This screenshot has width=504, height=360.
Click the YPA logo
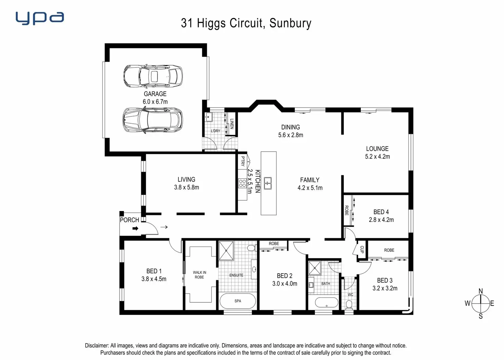[40, 18]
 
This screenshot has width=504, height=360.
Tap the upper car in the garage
[153, 76]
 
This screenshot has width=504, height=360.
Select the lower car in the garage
[153, 120]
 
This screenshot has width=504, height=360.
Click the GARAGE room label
[155, 94]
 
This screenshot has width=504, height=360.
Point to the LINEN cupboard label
[232, 124]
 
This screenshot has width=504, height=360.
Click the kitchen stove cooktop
[242, 183]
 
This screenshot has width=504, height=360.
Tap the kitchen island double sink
[267, 183]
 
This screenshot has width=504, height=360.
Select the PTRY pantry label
[243, 161]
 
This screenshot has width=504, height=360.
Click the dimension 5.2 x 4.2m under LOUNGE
[377, 157]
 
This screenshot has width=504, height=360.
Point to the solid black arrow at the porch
[135, 228]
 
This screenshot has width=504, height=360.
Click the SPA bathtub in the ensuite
[238, 301]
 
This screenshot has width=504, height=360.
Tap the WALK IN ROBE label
[199, 275]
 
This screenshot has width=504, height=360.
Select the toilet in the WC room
[349, 304]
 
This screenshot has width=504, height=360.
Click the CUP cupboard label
[362, 249]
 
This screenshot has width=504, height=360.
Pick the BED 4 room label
[381, 212]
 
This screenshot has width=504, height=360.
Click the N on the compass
[480, 291]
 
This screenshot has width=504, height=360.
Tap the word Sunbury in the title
[290, 23]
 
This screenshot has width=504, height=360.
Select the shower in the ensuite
[226, 250]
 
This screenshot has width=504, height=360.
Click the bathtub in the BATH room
[326, 303]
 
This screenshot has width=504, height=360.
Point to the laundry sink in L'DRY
[209, 117]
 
